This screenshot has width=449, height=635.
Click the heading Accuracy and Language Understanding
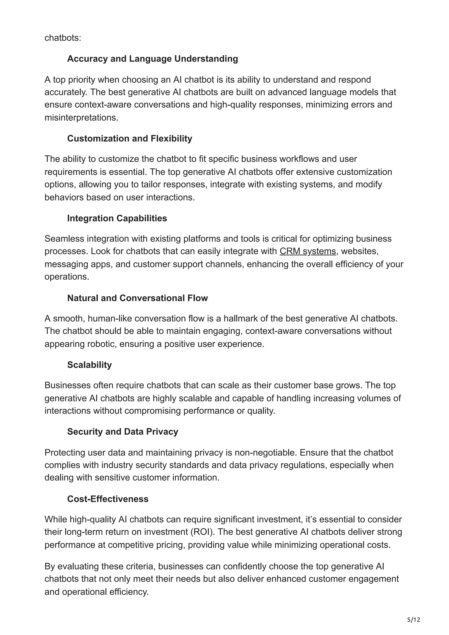tap(152, 59)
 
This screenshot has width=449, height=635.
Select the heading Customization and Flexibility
tap(130, 138)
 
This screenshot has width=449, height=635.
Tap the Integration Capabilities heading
tap(117, 218)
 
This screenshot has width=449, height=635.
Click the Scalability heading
tap(89, 365)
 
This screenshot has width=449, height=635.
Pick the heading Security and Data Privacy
tap(123, 431)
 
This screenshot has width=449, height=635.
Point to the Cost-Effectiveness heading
tap(108, 499)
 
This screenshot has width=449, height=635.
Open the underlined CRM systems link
tap(308, 251)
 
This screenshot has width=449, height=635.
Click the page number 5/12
tap(413, 619)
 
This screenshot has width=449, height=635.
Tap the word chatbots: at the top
tap(63, 38)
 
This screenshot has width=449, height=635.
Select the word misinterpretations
tap(81, 117)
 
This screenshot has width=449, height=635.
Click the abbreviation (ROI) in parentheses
tap(203, 532)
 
